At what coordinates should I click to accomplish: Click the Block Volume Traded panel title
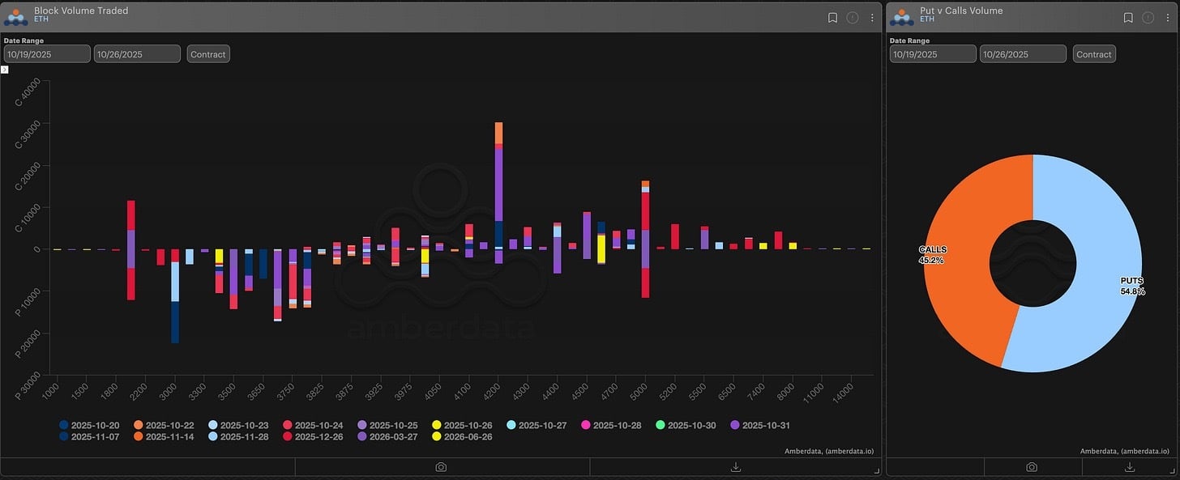(81, 11)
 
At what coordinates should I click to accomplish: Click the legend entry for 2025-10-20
(90, 425)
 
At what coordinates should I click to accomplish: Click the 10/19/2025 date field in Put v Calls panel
(932, 54)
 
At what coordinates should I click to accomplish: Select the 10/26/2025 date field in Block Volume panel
(137, 54)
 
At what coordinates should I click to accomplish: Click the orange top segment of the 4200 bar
(498, 133)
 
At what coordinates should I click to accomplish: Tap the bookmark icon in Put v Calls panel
(1127, 17)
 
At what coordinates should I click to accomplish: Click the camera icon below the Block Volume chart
(441, 467)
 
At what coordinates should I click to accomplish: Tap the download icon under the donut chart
(1131, 467)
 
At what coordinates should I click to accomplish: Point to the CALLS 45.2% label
(931, 255)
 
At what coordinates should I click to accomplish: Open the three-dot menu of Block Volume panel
(872, 17)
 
